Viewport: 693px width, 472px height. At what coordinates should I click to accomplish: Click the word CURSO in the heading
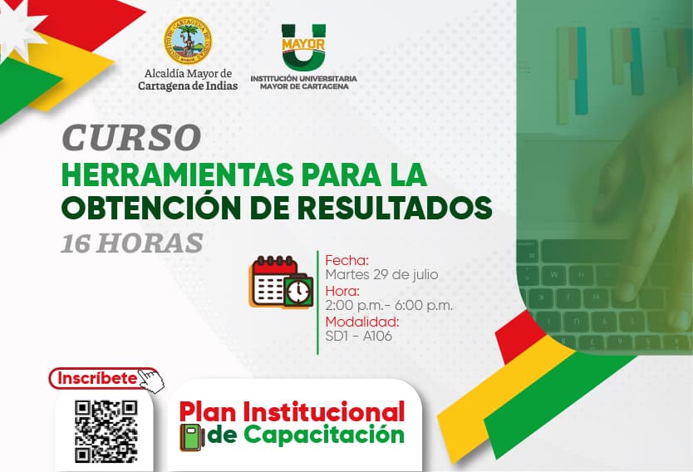pyautogui.click(x=131, y=137)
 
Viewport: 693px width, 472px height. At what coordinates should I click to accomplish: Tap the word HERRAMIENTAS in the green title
pyautogui.click(x=178, y=175)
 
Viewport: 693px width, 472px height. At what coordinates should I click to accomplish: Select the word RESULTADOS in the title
pyautogui.click(x=395, y=207)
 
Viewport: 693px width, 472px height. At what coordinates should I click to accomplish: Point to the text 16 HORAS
pyautogui.click(x=132, y=243)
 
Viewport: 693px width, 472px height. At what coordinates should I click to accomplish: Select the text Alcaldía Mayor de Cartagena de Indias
pyautogui.click(x=188, y=80)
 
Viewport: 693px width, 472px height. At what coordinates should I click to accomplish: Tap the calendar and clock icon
pyautogui.click(x=281, y=282)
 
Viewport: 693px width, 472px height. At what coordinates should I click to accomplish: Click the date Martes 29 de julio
pyautogui.click(x=381, y=274)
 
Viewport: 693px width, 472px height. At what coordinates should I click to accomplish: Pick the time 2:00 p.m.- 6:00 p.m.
pyautogui.click(x=389, y=305)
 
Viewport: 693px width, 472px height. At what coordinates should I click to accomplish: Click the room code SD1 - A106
pyautogui.click(x=358, y=336)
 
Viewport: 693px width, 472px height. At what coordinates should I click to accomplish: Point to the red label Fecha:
pyautogui.click(x=347, y=260)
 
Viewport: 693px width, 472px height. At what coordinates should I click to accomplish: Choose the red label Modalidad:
pyautogui.click(x=362, y=322)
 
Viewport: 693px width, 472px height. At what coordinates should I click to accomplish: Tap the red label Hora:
pyautogui.click(x=342, y=291)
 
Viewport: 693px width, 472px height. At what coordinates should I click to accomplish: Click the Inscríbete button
pyautogui.click(x=98, y=378)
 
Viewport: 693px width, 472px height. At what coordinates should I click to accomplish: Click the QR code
pyautogui.click(x=106, y=431)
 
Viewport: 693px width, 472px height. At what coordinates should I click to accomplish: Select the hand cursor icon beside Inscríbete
pyautogui.click(x=150, y=381)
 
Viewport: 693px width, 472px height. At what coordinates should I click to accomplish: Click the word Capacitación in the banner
pyautogui.click(x=324, y=435)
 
